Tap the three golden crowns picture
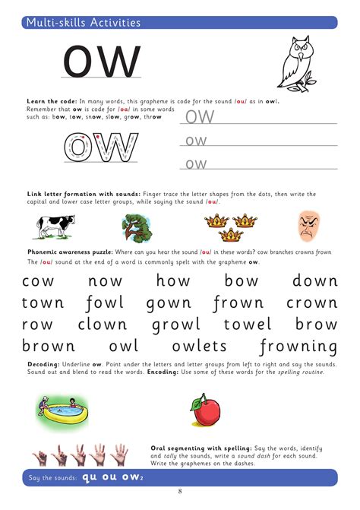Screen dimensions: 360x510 coord(232,224)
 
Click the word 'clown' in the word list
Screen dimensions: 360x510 coord(102,325)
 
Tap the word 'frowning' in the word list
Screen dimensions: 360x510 coord(298,347)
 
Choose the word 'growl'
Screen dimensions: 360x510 coord(176,325)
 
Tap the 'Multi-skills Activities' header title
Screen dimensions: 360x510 coord(84,23)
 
